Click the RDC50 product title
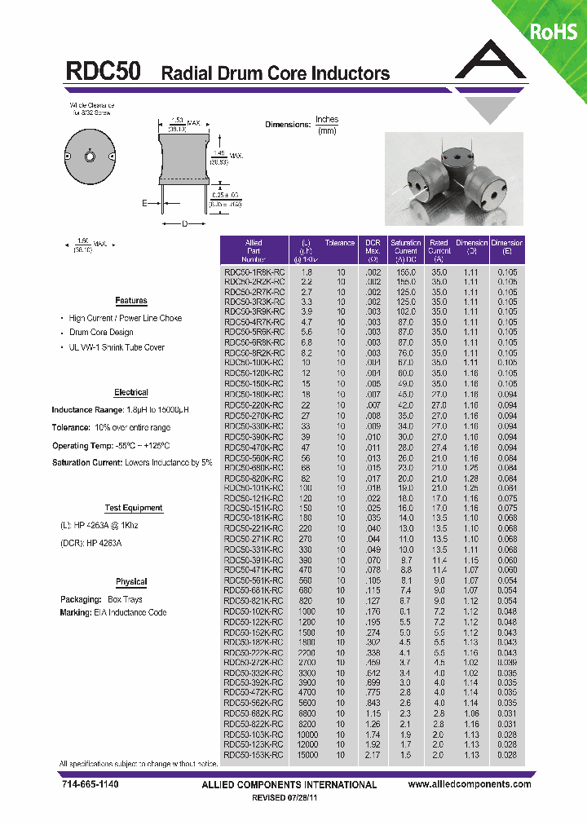[104, 72]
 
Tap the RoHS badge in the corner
[554, 32]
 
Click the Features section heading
[131, 301]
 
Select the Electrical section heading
[131, 392]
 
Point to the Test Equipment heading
[134, 508]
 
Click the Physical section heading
[131, 582]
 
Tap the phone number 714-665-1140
[90, 784]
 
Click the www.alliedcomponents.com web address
[470, 784]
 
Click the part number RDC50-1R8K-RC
[254, 272]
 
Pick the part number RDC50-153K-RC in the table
[254, 755]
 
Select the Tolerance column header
[340, 243]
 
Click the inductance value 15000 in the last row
[307, 755]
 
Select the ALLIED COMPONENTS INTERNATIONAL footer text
[289, 785]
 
